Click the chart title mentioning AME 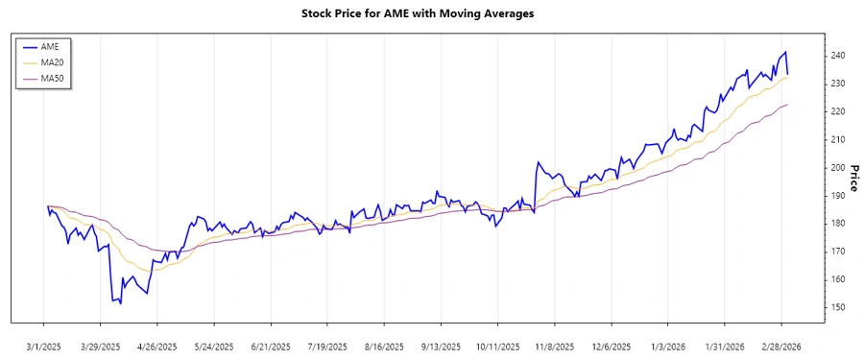pos(431,14)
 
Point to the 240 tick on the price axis pos(838,56)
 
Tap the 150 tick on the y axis pos(838,307)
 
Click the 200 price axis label pos(838,168)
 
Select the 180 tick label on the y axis pos(838,224)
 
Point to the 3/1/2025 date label pos(44,346)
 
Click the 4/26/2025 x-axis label pos(157,346)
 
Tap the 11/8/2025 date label pos(554,346)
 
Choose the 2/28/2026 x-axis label pos(780,346)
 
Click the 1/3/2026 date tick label pos(667,346)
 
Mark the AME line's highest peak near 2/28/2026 pos(785,52)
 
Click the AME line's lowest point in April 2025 pos(120,303)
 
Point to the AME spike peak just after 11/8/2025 pos(539,162)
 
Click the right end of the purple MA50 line pos(788,105)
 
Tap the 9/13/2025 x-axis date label pos(441,346)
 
